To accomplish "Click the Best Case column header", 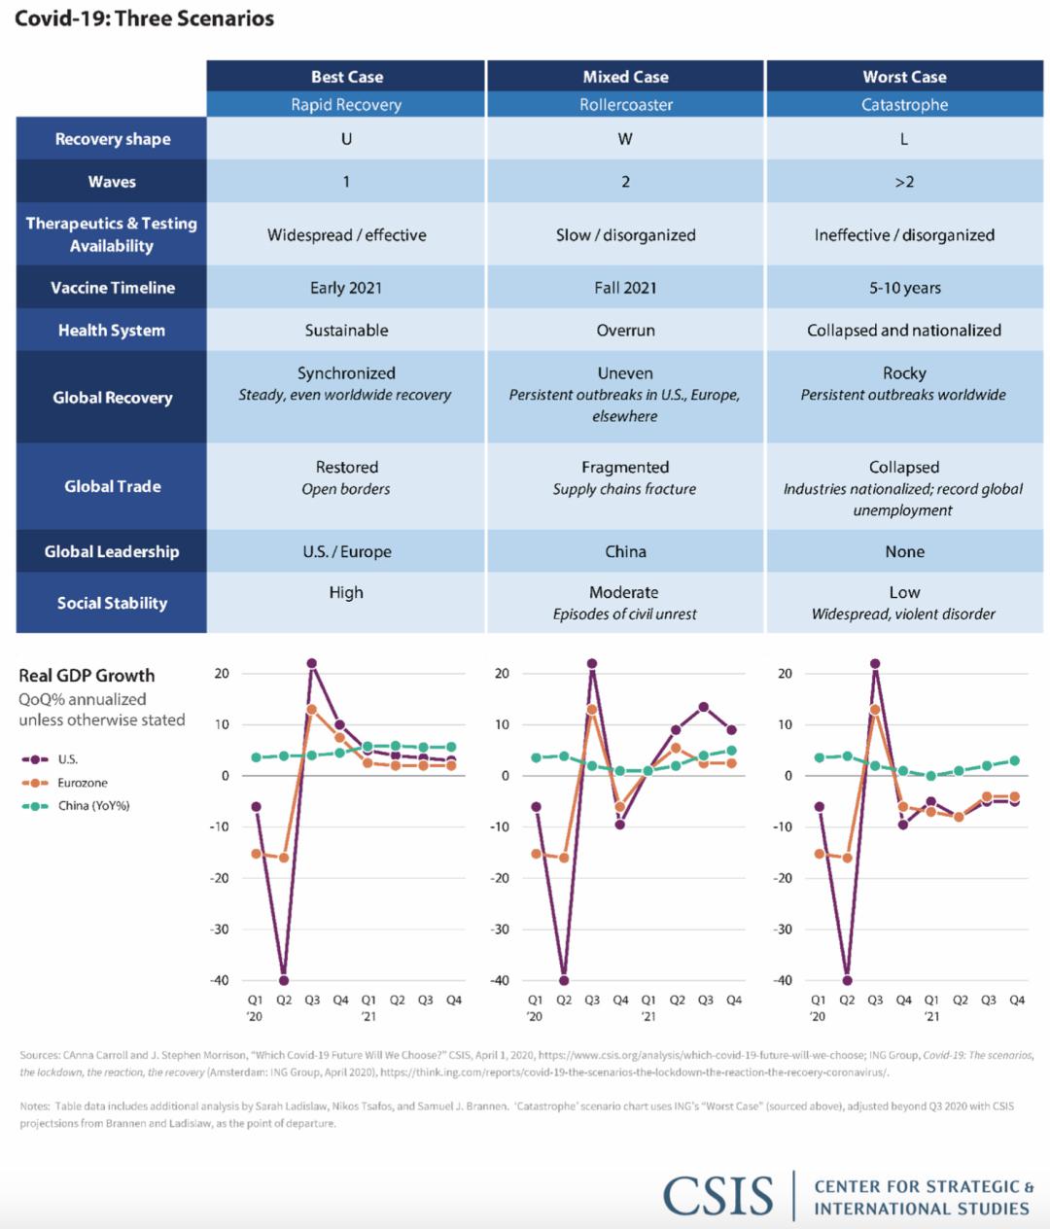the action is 347,77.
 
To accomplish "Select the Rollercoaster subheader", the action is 625,105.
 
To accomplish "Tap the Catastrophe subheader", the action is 904,105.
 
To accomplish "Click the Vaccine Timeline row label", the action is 113,288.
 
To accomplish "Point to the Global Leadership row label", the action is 112,551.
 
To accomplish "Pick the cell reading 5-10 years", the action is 904,288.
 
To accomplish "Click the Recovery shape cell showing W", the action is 625,139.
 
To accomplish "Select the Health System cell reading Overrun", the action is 625,330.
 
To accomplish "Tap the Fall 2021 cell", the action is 625,288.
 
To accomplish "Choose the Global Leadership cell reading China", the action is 625,551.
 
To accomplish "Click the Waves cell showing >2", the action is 904,182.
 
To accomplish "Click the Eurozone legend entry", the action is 65,783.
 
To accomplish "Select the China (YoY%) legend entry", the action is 76,806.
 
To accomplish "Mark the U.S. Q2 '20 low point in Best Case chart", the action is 284,980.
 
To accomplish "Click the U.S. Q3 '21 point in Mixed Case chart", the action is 703,707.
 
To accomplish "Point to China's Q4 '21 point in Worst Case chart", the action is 1015,760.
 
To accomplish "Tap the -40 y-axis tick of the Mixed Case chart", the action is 500,980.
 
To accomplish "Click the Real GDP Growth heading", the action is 87,676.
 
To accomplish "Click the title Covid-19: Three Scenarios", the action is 145,18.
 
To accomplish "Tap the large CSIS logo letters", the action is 717,1196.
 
